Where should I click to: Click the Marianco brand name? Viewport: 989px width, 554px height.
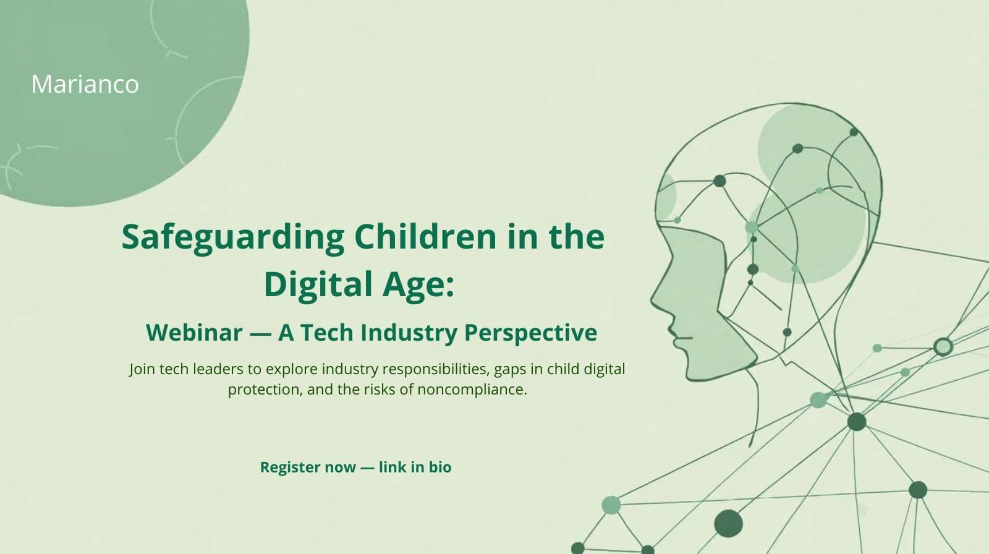(85, 84)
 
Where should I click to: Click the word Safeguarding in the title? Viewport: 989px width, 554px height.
(232, 237)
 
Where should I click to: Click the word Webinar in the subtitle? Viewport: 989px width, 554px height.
(194, 333)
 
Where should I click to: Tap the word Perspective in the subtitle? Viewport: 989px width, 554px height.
(530, 333)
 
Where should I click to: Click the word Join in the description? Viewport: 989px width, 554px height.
(142, 369)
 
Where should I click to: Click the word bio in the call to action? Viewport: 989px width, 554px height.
(440, 467)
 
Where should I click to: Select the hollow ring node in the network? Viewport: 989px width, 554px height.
(942, 346)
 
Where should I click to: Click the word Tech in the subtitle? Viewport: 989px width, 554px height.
(327, 333)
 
